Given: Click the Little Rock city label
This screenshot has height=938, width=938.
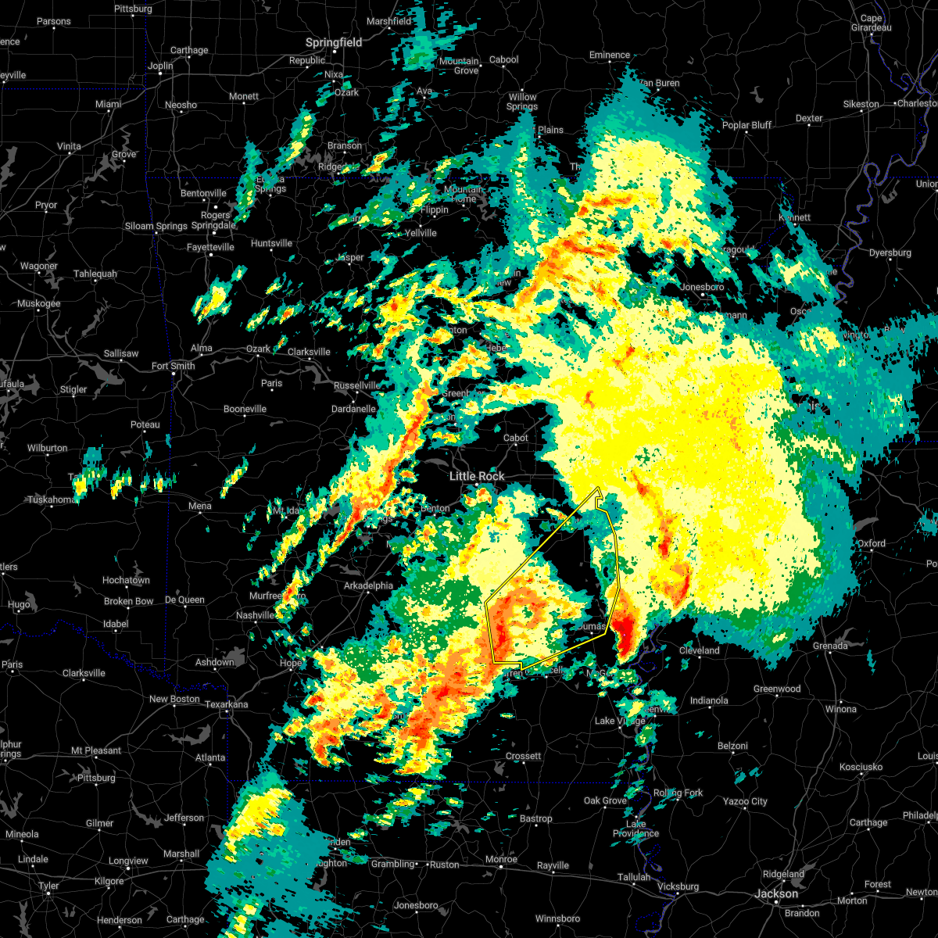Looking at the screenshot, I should coord(477,476).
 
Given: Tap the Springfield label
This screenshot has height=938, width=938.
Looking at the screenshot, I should coord(334,43).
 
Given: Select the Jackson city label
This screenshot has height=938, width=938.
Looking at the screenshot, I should coord(777,893).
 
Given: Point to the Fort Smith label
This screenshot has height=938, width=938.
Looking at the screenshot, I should coord(174,366).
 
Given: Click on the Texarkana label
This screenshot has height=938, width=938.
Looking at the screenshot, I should coord(226,704).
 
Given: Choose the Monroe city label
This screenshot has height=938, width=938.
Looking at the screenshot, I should coord(501,859).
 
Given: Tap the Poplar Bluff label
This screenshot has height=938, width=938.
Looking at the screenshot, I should coord(746,125).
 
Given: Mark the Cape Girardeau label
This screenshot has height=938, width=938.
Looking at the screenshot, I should coord(871,23).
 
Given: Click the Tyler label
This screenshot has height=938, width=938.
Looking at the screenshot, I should coord(48,886).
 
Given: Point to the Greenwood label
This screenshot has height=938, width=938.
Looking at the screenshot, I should coord(777,689).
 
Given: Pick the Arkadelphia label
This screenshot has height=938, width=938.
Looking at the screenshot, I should coord(369,585).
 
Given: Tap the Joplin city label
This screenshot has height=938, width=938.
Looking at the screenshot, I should coord(160,66).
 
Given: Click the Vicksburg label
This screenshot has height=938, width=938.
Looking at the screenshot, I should coord(678,886).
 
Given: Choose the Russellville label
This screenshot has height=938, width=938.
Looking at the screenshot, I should coord(357,385).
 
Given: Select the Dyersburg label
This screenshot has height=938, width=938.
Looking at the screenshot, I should coord(890,252).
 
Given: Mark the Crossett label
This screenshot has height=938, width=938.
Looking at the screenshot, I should coord(523,756).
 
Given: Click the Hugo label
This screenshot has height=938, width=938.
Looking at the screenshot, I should coord(19,605).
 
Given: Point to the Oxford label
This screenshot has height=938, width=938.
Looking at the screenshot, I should coord(872,543).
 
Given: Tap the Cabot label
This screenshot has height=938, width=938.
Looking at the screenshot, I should coord(516,438).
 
